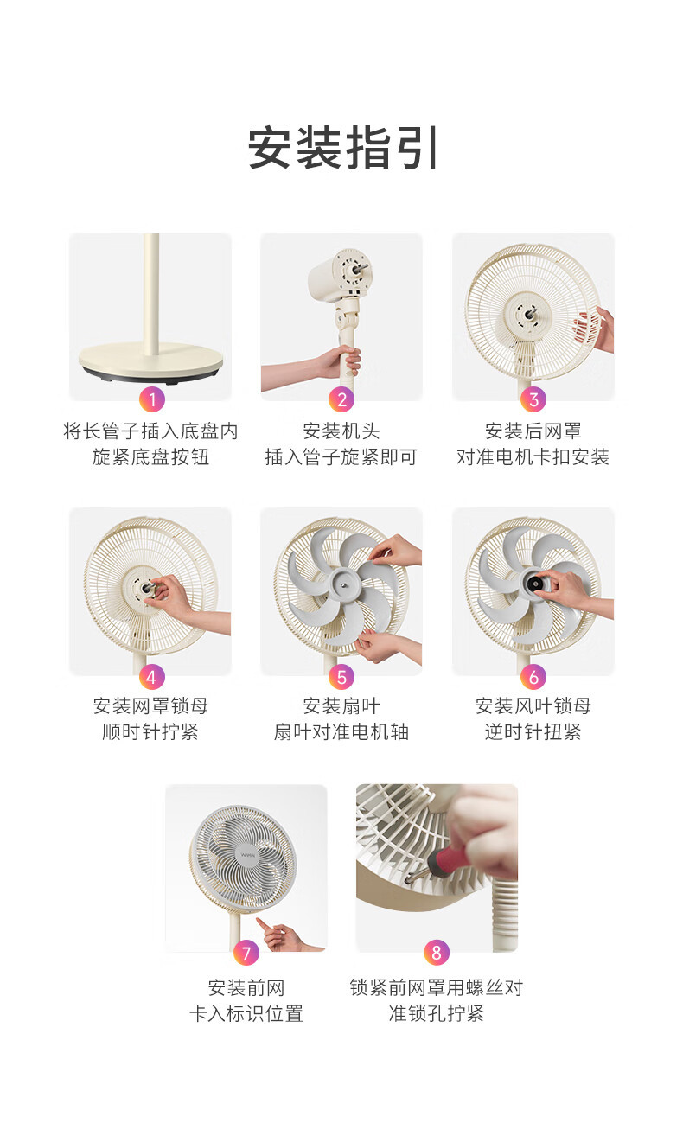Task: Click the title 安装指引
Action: point(342,148)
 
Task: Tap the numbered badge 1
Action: point(151,399)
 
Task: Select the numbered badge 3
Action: point(533,399)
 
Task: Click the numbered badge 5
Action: point(341,677)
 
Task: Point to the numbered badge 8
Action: point(437,953)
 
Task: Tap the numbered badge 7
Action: point(246,953)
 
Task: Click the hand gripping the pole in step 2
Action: point(341,361)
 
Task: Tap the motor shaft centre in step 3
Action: point(530,312)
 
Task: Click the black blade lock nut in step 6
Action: point(534,584)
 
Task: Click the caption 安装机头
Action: point(341,431)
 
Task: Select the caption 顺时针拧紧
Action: point(150,731)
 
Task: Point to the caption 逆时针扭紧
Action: point(533,731)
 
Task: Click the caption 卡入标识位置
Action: point(246,1014)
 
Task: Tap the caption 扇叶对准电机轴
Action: point(341,731)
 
